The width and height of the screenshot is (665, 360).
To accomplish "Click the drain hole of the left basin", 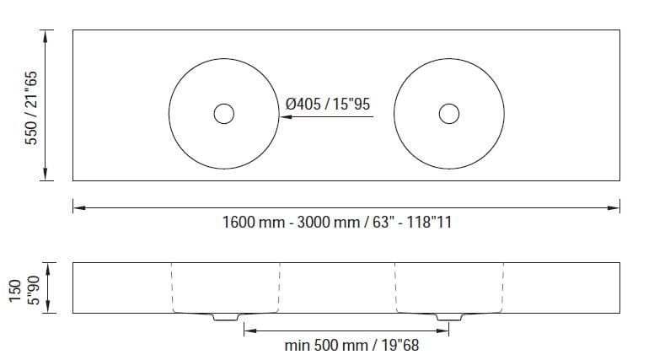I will click(223, 113).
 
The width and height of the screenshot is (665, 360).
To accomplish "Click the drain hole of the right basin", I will click(449, 113).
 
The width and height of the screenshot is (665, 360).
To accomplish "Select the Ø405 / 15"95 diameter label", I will click(329, 104).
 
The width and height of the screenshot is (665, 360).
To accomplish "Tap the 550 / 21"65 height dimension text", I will click(33, 105).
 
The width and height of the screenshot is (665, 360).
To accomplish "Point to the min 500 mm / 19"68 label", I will click(351, 346).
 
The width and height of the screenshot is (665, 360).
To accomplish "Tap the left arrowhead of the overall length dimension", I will click(78, 206).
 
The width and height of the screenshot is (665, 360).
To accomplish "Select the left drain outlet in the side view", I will click(225, 318).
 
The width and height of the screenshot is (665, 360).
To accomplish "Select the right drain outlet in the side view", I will click(448, 318).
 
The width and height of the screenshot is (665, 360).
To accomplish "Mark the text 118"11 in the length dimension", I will click(434, 223).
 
